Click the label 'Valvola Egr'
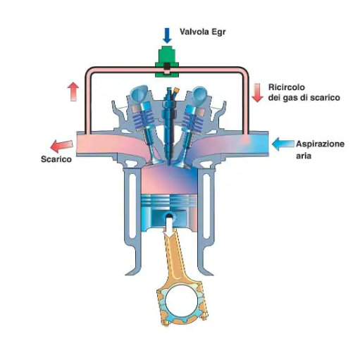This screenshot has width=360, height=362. (202, 32)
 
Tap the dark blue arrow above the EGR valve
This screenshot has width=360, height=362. (167, 35)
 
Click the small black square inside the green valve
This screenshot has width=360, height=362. (167, 66)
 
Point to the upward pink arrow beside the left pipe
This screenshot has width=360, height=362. (73, 92)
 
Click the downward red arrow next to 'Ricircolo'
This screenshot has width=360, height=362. (257, 93)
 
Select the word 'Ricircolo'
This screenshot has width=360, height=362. (287, 87)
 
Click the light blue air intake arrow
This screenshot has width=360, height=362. (283, 144)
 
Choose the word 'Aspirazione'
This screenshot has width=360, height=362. (320, 144)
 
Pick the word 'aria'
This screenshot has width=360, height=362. (304, 156)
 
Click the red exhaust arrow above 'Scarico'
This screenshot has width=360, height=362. (62, 146)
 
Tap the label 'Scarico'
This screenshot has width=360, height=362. (56, 159)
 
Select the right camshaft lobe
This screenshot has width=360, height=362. (199, 94)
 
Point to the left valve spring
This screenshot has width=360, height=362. (144, 119)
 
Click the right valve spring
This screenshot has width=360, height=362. (192, 119)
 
